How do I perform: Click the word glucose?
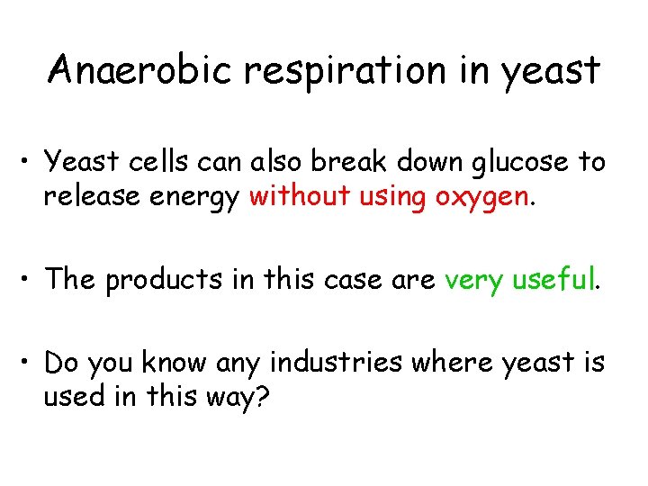pyautogui.click(x=513, y=164)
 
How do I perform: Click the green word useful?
pyautogui.click(x=553, y=280)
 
